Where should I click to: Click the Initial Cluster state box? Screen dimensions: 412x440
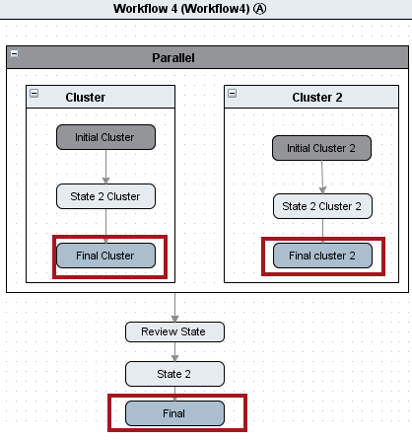[x=105, y=137]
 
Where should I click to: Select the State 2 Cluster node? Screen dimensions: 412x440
[x=105, y=196]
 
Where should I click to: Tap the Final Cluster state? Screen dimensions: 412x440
[x=105, y=256]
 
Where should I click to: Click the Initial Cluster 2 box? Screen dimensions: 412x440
[x=321, y=148]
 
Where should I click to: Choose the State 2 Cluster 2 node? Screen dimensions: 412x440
[x=322, y=206]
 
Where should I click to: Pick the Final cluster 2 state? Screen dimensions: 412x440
[x=322, y=256]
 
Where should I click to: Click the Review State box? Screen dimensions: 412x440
[x=174, y=331]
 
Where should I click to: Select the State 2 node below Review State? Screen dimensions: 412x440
[x=174, y=374]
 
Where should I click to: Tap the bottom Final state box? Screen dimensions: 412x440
[x=174, y=413]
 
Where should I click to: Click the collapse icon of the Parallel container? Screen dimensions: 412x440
[x=15, y=53]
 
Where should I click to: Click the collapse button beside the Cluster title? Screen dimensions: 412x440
[x=34, y=94]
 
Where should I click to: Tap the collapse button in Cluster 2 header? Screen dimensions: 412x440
[x=232, y=94]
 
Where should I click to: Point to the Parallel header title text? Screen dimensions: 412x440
[x=173, y=58]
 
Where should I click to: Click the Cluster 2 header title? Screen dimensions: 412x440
[x=317, y=98]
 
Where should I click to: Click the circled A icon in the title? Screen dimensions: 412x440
[x=260, y=9]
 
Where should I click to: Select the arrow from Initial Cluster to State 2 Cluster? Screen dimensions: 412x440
[x=105, y=167]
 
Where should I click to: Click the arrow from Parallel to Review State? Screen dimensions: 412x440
[x=174, y=307]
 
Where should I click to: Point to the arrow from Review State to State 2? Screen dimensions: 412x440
[x=174, y=352]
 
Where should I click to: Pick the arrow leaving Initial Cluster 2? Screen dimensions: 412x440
[x=322, y=178]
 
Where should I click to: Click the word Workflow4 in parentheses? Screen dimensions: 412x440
[x=215, y=9]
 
